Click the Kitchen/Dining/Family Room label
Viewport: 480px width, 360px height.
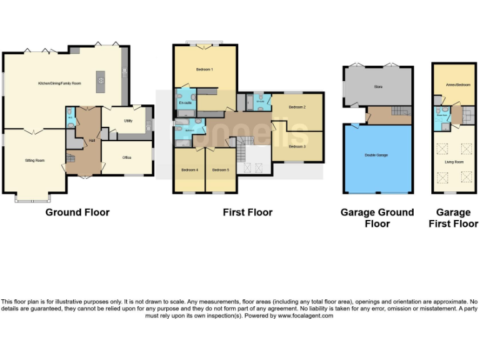60,83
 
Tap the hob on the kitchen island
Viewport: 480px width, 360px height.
99,79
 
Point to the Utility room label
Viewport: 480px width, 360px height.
127,121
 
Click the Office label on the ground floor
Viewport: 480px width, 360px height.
127,157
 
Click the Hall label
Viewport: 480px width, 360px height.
91,140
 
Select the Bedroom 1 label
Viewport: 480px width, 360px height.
204,69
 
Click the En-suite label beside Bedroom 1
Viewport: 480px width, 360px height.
185,102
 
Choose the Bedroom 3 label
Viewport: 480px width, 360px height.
297,147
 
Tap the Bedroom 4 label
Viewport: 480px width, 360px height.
189,170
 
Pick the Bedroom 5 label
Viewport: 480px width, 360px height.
220,170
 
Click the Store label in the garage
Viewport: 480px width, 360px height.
377,87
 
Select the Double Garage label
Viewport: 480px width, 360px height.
376,155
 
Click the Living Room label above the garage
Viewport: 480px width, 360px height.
454,162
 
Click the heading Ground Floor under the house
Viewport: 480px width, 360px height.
77,212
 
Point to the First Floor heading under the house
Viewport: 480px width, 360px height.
247,212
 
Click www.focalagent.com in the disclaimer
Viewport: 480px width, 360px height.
305,316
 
